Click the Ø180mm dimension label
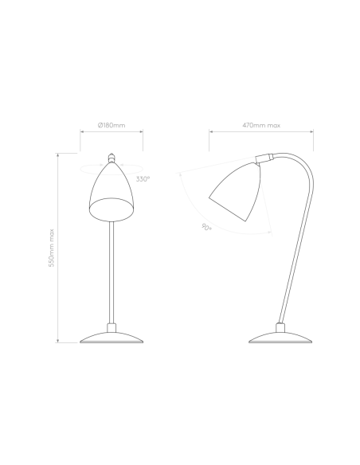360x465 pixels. tap(112, 125)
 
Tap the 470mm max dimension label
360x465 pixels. tap(261, 125)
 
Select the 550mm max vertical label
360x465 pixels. tap(52, 248)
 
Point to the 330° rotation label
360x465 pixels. tap(143, 179)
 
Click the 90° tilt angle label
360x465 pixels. tap(207, 228)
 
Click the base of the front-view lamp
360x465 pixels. tap(112, 338)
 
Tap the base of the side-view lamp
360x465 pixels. tap(280, 338)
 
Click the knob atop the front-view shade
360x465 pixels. tap(112, 158)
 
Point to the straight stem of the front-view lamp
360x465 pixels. tap(112, 272)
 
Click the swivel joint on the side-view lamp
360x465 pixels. tap(264, 158)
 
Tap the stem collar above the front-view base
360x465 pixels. tap(112, 328)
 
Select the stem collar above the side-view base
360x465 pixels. tap(280, 328)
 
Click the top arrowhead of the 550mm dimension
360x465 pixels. tap(58, 155)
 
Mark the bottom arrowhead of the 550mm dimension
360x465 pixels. tap(58, 341)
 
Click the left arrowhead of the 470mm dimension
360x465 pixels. tap(211, 131)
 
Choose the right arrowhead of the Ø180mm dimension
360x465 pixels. tap(141, 131)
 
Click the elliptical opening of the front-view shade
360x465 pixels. tap(112, 209)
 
